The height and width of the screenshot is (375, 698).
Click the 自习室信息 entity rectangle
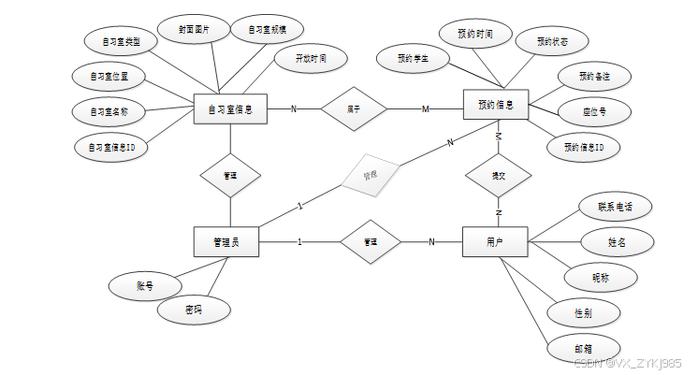click(x=230, y=108)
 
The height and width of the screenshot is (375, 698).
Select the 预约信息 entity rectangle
click(x=496, y=103)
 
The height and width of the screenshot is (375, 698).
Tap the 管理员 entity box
click(x=225, y=242)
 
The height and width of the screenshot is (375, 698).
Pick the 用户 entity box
click(x=495, y=242)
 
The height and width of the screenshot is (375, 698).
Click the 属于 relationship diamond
click(x=354, y=108)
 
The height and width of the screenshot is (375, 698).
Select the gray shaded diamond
click(x=369, y=174)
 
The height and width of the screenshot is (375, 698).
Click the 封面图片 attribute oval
click(x=195, y=30)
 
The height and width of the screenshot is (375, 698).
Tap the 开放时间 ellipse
click(x=311, y=58)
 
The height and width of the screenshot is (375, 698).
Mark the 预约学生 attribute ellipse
click(x=412, y=58)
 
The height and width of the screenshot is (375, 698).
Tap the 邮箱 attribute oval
click(x=583, y=347)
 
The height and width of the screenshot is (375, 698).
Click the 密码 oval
click(x=194, y=309)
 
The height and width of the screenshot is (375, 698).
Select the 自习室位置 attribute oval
click(x=109, y=75)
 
